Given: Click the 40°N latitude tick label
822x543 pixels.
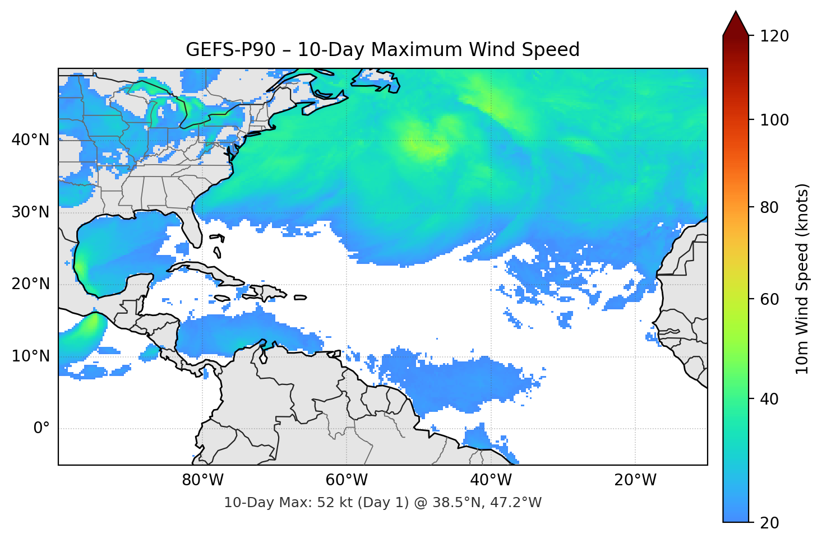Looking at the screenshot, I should pyautogui.click(x=30, y=140).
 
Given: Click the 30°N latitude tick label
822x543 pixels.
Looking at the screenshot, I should pyautogui.click(x=30, y=212).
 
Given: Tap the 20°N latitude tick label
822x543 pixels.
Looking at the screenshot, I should pyautogui.click(x=30, y=284).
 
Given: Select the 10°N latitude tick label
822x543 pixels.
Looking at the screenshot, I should pyautogui.click(x=30, y=356).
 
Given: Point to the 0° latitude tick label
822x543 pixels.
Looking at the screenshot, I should pyautogui.click(x=41, y=429).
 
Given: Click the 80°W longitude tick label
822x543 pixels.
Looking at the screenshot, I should pyautogui.click(x=202, y=480).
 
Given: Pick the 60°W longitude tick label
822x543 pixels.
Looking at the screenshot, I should pyautogui.click(x=347, y=480).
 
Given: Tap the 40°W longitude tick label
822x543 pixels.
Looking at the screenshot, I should pyautogui.click(x=491, y=480).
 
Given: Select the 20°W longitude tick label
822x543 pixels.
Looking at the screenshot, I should pyautogui.click(x=635, y=480).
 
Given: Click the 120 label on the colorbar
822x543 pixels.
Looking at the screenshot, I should pyautogui.click(x=774, y=36).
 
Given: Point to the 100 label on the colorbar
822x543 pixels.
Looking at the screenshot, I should pyautogui.click(x=774, y=120).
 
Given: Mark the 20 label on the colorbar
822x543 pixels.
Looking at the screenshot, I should pyautogui.click(x=769, y=523).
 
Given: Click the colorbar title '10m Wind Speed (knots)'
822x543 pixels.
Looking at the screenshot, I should pyautogui.click(x=802, y=279).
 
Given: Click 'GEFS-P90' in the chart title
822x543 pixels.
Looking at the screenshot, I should pyautogui.click(x=230, y=50).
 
